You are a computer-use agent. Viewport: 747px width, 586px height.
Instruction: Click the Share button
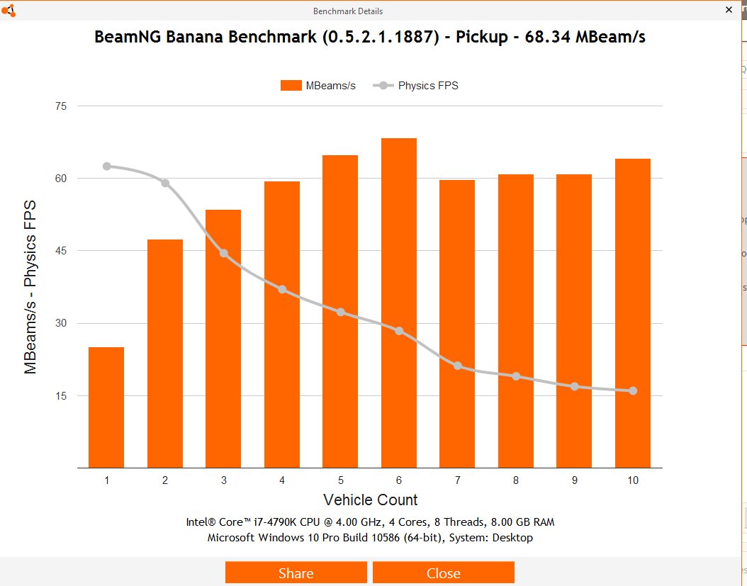click(x=296, y=573)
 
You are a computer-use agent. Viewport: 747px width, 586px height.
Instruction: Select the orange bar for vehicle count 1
click(x=106, y=407)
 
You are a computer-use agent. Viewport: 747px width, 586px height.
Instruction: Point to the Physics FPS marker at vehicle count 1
click(x=107, y=167)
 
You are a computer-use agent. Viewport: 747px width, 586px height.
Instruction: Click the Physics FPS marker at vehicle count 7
click(x=458, y=366)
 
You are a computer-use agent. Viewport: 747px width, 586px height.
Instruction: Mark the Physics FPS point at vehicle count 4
click(x=282, y=289)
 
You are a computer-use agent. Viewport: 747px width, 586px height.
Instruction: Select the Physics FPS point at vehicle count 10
click(x=633, y=390)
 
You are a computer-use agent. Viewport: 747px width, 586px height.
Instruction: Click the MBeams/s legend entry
click(x=318, y=86)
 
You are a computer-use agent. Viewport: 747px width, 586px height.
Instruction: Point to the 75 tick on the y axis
click(x=61, y=106)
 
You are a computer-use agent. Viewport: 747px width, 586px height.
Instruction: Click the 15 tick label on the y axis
click(x=61, y=395)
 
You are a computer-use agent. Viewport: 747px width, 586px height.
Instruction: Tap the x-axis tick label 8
click(x=516, y=480)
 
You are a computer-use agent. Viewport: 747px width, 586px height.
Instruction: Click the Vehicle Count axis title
click(x=370, y=500)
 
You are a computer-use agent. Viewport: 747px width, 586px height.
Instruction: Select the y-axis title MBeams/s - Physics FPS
click(x=30, y=286)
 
